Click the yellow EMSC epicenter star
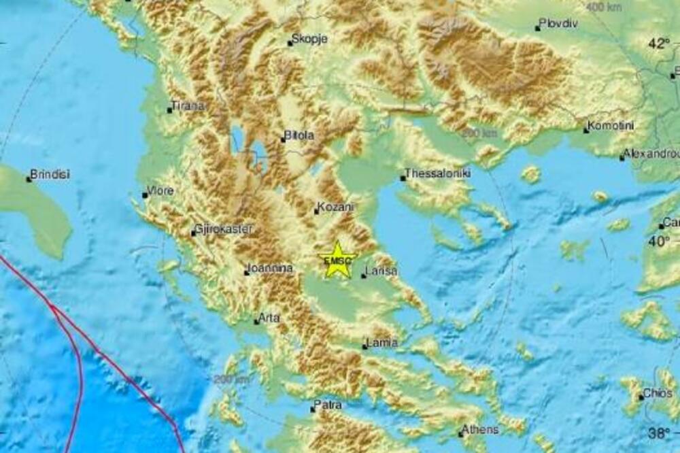coord(337,260)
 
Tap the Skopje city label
coord(309,39)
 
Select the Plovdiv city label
coord(558,24)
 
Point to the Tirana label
coord(188,106)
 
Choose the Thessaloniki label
coord(439,173)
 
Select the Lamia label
coord(381,343)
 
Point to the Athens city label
coord(481,429)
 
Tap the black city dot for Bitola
coord(284,140)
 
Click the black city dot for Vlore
coord(145,195)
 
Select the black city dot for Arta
coord(256,321)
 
